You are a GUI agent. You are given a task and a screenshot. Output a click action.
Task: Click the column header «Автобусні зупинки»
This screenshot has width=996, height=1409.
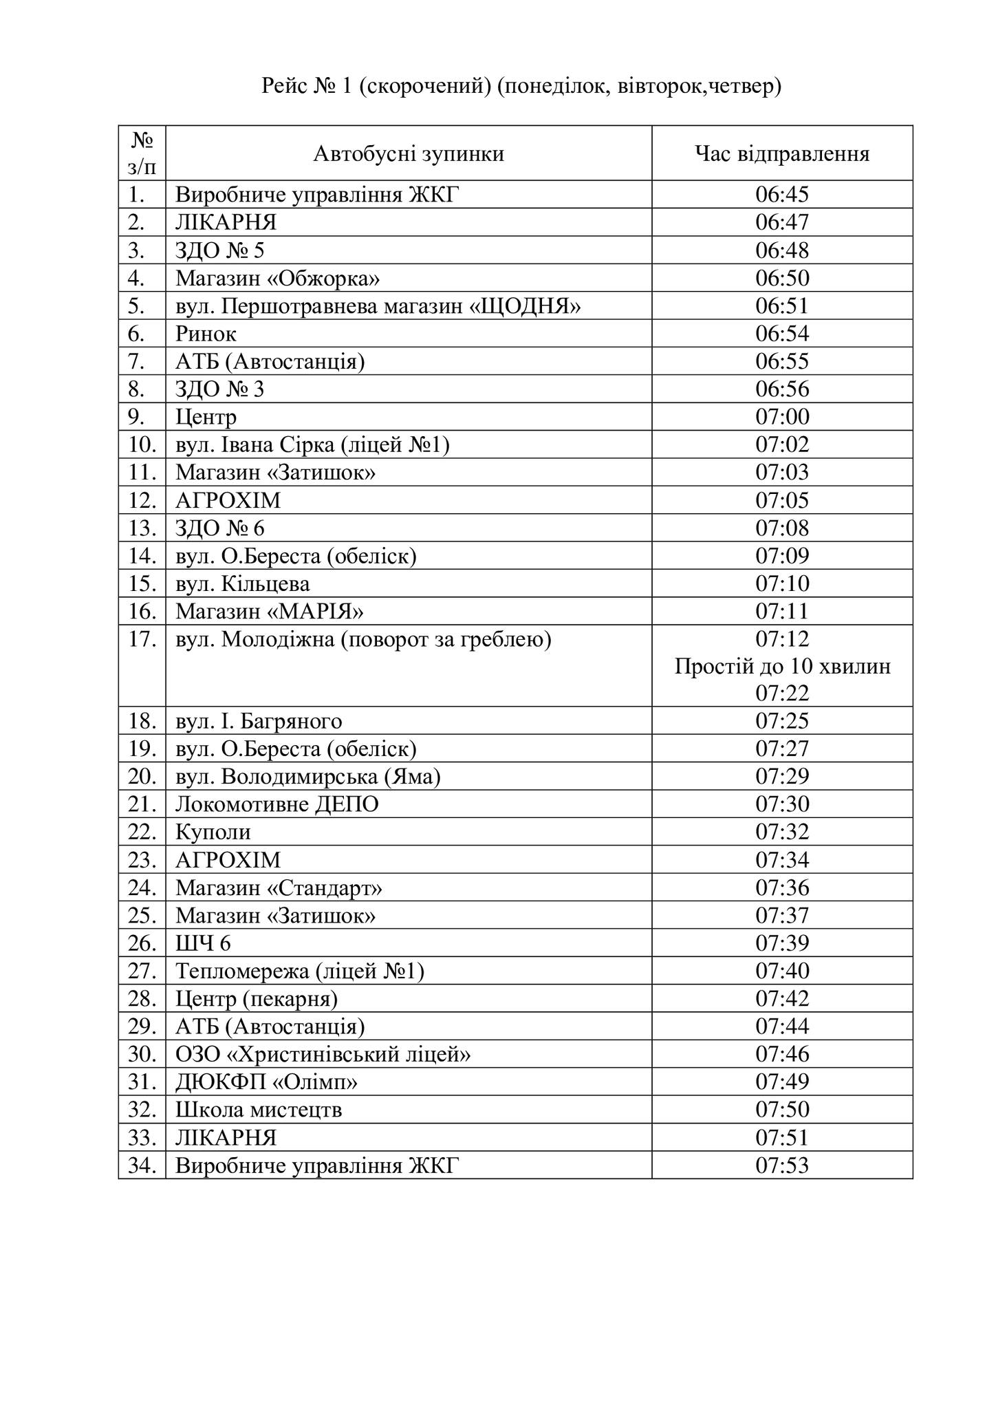click(x=409, y=153)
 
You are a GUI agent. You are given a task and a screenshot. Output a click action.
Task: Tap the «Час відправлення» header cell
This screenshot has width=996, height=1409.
click(x=782, y=153)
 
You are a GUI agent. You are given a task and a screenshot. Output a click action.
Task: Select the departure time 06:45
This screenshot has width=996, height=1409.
click(x=782, y=195)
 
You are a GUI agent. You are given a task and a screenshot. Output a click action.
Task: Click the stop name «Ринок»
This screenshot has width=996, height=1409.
click(x=206, y=334)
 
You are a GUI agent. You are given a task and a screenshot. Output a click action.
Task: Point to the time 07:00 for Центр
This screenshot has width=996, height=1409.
click(x=782, y=417)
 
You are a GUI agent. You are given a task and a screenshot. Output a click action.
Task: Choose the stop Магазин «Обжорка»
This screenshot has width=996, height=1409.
click(x=277, y=278)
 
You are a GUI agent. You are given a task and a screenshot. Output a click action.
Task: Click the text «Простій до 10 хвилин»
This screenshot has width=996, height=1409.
click(x=782, y=666)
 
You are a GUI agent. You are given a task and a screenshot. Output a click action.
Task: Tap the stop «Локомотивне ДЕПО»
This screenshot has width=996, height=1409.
click(x=277, y=804)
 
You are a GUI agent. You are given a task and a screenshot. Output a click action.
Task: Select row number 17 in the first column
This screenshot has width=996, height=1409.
click(x=142, y=639)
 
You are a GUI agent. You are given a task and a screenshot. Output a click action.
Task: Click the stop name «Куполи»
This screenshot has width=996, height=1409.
click(x=213, y=832)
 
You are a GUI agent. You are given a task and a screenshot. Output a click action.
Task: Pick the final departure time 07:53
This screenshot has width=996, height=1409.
click(x=782, y=1165)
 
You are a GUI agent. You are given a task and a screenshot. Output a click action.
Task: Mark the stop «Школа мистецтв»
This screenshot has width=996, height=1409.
click(x=259, y=1110)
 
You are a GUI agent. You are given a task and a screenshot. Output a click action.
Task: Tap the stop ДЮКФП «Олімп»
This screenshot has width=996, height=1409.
click(x=266, y=1082)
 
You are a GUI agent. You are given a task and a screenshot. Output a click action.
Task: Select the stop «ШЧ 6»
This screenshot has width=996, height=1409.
click(x=203, y=943)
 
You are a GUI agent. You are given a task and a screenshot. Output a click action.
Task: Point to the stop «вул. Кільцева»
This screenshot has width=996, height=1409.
click(x=242, y=584)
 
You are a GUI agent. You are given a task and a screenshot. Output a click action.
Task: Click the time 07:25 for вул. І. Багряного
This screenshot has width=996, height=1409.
click(x=782, y=721)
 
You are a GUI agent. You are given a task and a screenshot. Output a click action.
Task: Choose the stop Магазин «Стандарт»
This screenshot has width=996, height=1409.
click(x=279, y=888)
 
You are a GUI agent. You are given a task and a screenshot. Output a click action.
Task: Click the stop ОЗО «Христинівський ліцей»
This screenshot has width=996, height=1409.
click(x=323, y=1054)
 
